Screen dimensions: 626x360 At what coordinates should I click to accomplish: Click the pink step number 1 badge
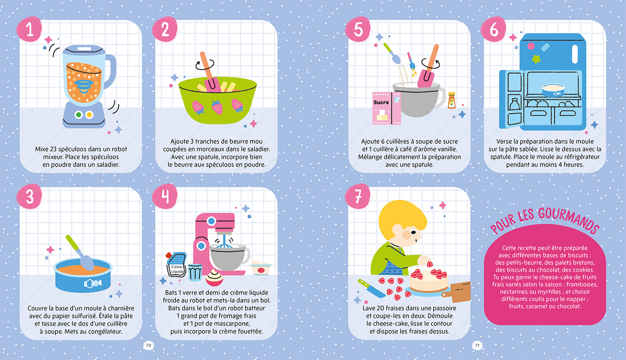click(29, 29)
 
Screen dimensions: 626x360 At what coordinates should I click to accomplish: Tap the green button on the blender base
click(78, 114)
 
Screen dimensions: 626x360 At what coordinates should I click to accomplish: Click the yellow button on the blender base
click(89, 114)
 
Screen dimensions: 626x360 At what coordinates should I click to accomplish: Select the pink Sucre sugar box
click(386, 108)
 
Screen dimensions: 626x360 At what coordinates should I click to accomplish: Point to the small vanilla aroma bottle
click(452, 100)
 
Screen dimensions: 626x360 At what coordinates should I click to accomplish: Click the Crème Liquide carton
click(177, 265)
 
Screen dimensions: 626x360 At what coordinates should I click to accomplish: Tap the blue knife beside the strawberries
click(371, 288)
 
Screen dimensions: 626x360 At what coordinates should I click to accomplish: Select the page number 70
click(149, 345)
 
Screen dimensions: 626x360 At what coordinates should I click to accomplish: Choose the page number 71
click(477, 345)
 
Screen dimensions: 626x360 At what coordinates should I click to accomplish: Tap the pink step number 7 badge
click(358, 196)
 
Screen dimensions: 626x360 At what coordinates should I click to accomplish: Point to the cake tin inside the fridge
click(553, 90)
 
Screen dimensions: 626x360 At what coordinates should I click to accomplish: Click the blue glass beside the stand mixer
click(195, 272)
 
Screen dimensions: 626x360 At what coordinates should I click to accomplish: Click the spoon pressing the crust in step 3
click(81, 253)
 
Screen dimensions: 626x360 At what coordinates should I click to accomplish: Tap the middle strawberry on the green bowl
click(217, 108)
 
